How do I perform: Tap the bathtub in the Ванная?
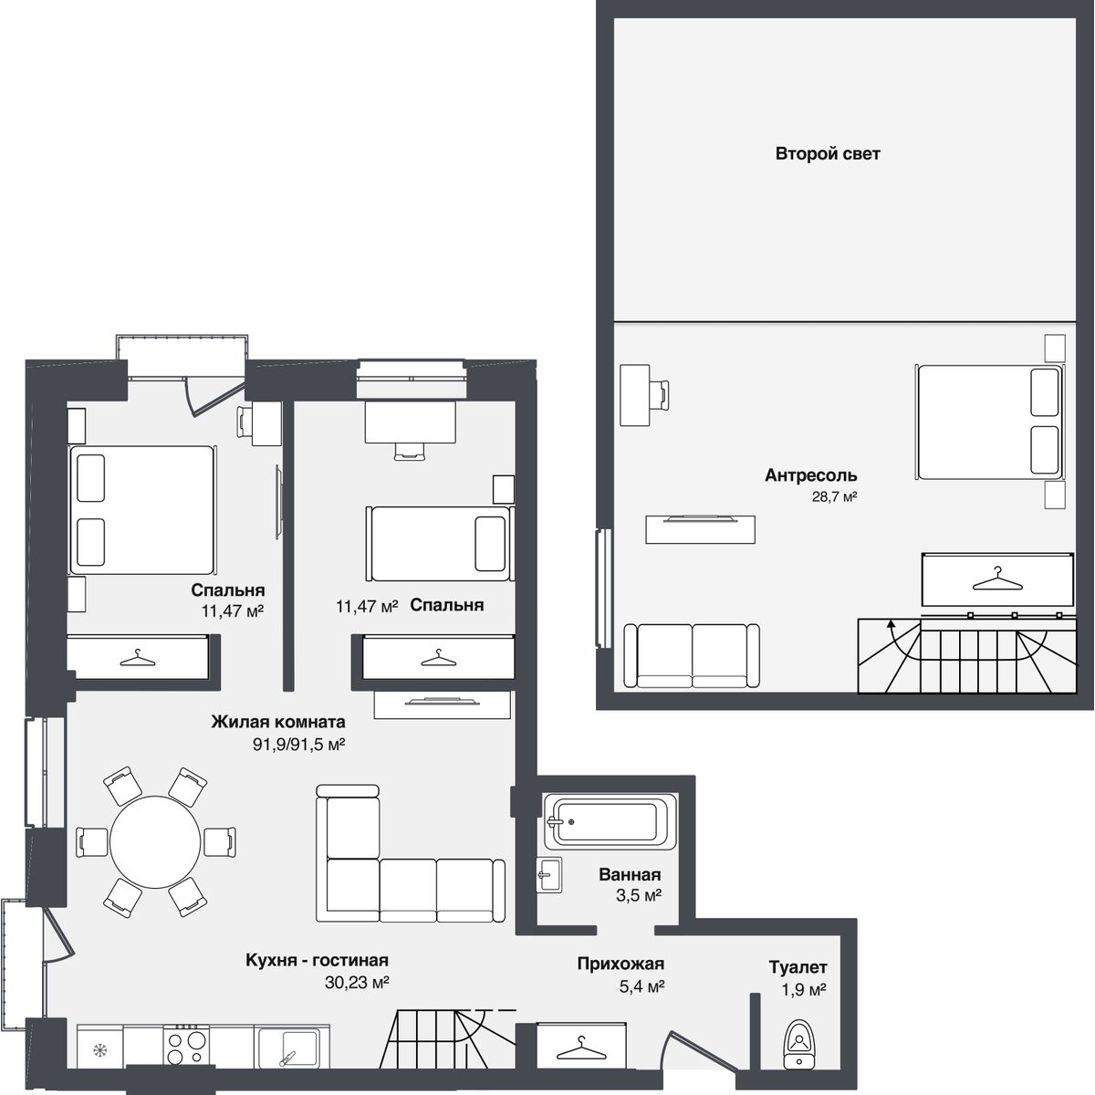tap(610, 821)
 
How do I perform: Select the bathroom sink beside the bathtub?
tap(548, 874)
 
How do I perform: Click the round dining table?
tap(156, 841)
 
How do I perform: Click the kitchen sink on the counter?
tap(291, 1047)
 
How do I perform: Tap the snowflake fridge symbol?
tap(100, 1049)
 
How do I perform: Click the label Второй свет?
tap(828, 154)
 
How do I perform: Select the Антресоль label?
tap(811, 475)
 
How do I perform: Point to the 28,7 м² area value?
tap(834, 496)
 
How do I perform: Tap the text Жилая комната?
tap(278, 722)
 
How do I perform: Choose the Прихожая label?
tap(620, 964)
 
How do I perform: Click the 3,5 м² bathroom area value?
tap(639, 895)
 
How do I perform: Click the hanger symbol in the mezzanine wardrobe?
tap(996, 579)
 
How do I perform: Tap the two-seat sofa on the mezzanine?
tap(692, 656)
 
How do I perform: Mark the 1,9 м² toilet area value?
tap(804, 990)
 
